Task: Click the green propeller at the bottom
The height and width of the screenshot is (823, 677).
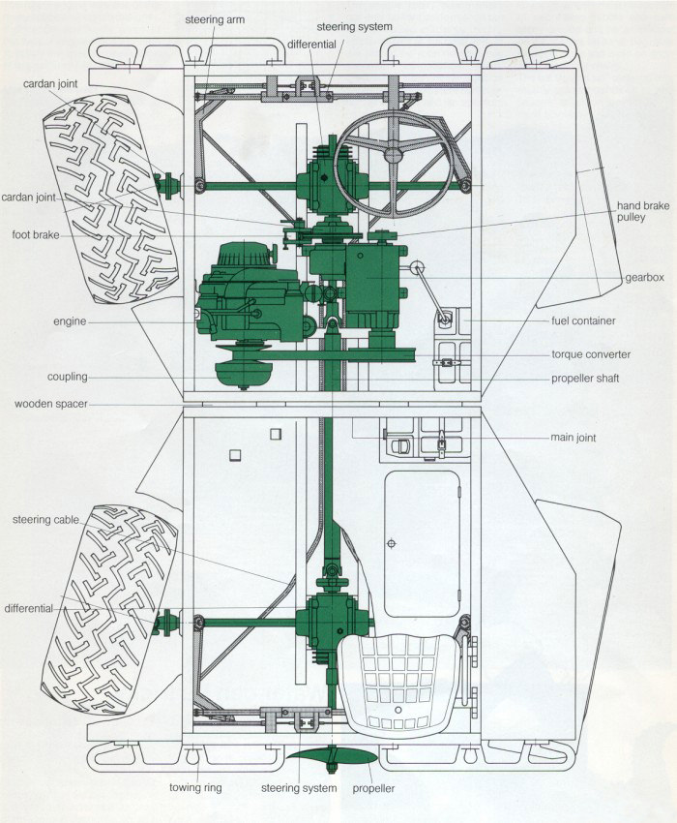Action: (333, 757)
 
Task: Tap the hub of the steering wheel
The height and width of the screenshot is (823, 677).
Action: (393, 154)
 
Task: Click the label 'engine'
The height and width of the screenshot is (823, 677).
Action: (70, 321)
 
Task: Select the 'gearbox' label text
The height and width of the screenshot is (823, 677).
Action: (644, 277)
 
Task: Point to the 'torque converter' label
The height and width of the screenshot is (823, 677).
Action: (591, 354)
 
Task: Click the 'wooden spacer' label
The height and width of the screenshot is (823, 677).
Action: (51, 404)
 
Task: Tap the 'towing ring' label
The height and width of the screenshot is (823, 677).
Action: (195, 787)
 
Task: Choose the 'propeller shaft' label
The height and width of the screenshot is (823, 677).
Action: (585, 378)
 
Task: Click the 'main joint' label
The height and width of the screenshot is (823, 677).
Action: (574, 438)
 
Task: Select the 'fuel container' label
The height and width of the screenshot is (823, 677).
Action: (583, 320)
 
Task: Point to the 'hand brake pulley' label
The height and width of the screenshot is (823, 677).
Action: (643, 211)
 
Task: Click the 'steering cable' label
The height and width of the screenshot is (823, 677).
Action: (45, 520)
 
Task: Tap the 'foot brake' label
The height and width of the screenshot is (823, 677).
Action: (36, 234)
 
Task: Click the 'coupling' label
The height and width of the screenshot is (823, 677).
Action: (67, 377)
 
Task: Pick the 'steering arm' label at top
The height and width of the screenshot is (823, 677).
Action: (215, 20)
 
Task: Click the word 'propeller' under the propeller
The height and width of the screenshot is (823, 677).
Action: (373, 788)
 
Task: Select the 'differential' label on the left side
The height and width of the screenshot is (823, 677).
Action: (29, 608)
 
